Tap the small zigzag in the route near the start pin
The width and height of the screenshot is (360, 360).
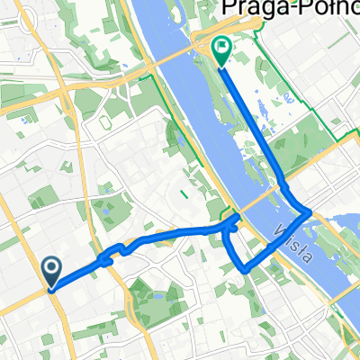tap(107, 256)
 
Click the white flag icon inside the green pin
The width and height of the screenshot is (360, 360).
tap(220, 46)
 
